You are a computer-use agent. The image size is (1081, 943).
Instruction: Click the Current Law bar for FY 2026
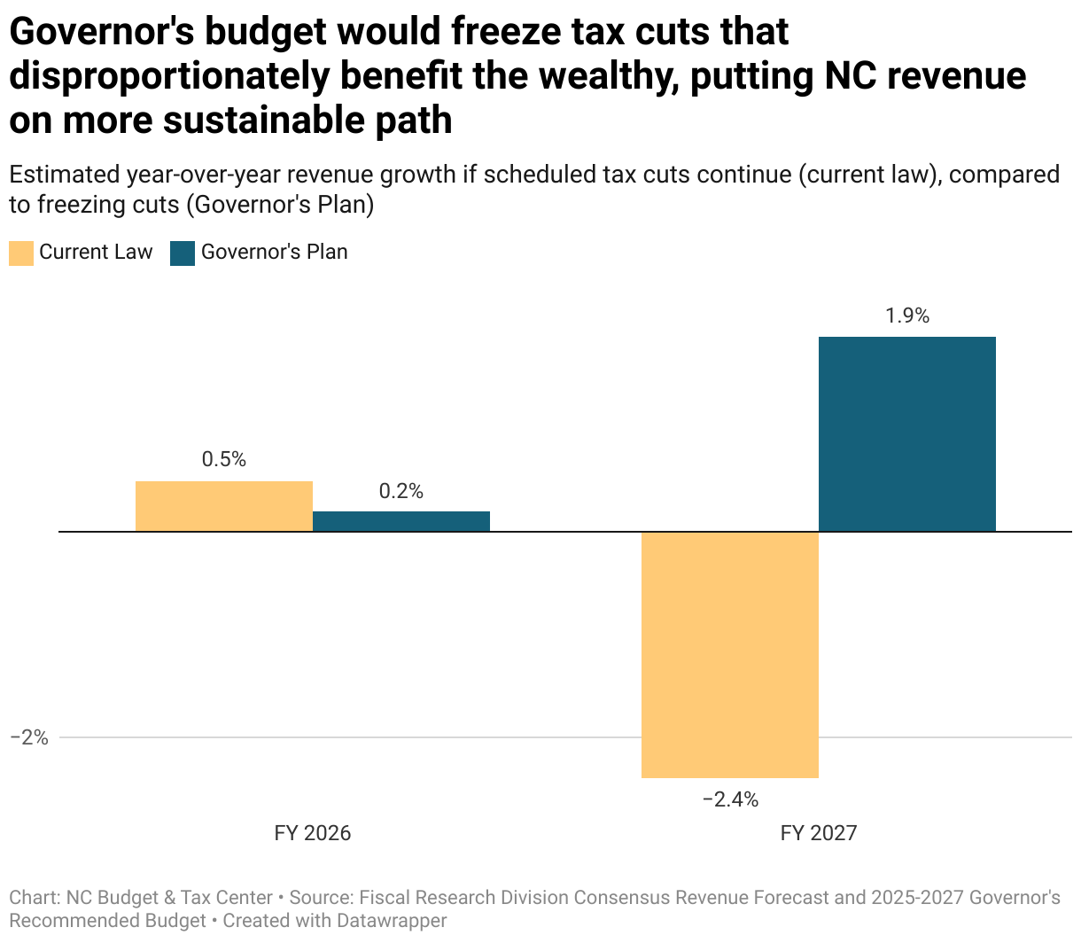(x=224, y=506)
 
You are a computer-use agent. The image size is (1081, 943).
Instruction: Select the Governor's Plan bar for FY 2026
(x=401, y=521)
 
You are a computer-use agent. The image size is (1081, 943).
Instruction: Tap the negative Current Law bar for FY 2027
(x=730, y=655)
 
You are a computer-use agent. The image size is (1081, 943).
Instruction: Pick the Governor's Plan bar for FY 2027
(x=907, y=434)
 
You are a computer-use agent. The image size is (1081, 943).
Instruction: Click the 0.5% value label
(x=224, y=459)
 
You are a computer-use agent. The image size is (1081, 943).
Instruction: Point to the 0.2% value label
(x=401, y=491)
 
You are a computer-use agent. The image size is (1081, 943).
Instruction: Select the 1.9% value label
(x=907, y=316)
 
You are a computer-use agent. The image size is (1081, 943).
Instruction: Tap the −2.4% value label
(x=730, y=799)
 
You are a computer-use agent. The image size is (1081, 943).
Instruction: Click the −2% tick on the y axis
(x=28, y=737)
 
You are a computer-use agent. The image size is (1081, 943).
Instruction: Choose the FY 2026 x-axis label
(x=313, y=833)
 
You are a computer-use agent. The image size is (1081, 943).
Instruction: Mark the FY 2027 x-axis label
(x=819, y=833)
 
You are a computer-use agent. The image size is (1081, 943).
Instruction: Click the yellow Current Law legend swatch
(x=21, y=253)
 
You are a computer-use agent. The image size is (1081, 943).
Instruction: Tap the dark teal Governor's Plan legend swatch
(x=183, y=253)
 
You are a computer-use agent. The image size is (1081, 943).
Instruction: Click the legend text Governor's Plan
(x=274, y=252)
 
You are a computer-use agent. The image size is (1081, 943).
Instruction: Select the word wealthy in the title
(x=606, y=76)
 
